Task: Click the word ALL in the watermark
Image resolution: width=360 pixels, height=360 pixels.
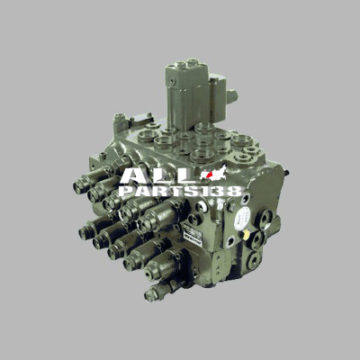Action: (159, 175)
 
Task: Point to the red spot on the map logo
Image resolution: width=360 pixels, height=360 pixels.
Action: (210, 174)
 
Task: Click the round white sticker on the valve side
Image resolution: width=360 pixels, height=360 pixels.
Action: (242, 219)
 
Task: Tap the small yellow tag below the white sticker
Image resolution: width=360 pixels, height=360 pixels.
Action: (247, 235)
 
